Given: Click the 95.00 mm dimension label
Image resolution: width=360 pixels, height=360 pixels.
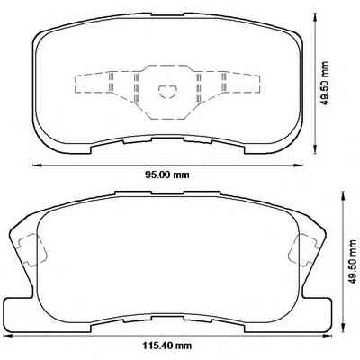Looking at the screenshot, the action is [167, 175].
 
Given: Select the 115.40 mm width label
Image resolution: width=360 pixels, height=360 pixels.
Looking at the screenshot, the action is [166, 346].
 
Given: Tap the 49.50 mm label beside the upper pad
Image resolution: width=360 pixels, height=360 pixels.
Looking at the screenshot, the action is [324, 83].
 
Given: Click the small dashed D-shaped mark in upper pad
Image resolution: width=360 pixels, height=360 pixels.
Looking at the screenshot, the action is [167, 91].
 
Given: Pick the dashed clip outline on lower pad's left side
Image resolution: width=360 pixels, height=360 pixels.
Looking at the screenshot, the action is [33, 249].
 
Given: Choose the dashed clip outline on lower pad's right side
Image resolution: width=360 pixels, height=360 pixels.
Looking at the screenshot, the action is [303, 249].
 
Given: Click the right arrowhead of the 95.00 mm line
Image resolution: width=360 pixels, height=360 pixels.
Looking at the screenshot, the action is [298, 165].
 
